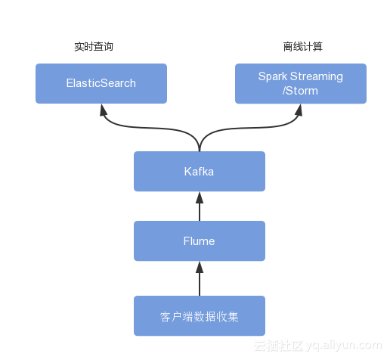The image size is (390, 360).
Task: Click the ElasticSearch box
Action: pos(101,83)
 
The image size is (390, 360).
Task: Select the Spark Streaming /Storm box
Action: pos(301,83)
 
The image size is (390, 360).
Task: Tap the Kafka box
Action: pos(200,171)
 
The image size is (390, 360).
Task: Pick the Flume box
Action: pos(200,241)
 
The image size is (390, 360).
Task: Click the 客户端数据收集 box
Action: pos(200,316)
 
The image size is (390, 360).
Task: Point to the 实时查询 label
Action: pos(94,47)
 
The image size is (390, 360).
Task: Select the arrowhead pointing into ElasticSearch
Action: pos(101,110)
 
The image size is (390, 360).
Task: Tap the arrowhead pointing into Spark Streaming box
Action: pos(299,110)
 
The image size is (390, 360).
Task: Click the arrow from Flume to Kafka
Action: pos(200,206)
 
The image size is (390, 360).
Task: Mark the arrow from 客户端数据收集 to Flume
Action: pos(200,278)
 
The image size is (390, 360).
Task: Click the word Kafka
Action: pos(200,172)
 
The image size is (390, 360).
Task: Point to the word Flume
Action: pos(200,241)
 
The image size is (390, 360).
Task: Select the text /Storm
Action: pos(301,91)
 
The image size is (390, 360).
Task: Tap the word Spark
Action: pos(273,76)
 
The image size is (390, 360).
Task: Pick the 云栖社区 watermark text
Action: pos(278,346)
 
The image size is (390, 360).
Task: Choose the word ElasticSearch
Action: pos(101,83)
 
